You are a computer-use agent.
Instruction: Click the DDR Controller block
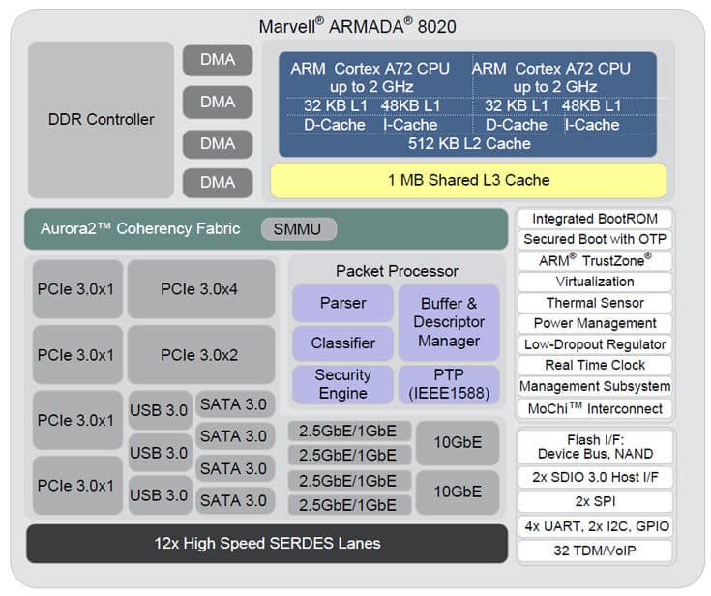[x=101, y=120]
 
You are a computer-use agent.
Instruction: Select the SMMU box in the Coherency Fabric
[x=298, y=229]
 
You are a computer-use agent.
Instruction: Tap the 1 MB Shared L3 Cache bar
[x=468, y=180]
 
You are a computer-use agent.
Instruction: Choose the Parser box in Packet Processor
[x=342, y=303]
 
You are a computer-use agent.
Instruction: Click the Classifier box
[x=342, y=343]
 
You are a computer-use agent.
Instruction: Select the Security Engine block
[x=342, y=384]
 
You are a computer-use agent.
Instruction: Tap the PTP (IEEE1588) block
[x=449, y=384]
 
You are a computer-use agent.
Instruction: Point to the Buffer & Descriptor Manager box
[x=449, y=322]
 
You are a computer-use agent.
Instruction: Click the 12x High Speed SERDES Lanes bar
[x=266, y=543]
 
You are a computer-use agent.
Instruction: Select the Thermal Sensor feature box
[x=595, y=303]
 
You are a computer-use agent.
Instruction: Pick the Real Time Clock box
[x=595, y=365]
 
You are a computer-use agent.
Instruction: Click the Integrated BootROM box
[x=595, y=219]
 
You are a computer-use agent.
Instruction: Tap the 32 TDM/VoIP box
[x=595, y=551]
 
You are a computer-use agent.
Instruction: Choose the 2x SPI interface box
[x=595, y=501]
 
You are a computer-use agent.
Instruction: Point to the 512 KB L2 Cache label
[x=468, y=143]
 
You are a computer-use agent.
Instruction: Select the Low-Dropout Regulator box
[x=595, y=344]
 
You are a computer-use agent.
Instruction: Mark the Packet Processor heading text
[x=397, y=271]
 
